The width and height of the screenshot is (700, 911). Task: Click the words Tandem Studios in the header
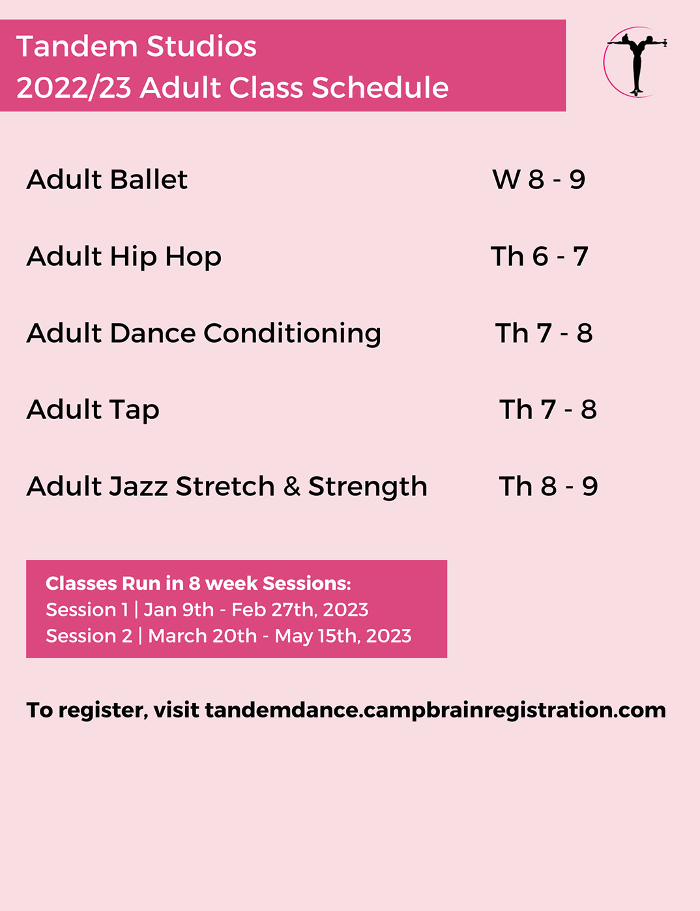click(x=137, y=46)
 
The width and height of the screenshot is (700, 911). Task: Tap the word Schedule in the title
click(x=380, y=87)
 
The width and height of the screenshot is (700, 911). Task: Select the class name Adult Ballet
click(x=107, y=180)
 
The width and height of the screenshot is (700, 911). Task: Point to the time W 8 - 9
click(x=539, y=180)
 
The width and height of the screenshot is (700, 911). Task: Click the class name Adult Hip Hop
click(x=124, y=257)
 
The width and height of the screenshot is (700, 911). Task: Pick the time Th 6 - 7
click(x=540, y=257)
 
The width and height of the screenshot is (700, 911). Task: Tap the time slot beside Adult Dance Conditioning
click(x=544, y=334)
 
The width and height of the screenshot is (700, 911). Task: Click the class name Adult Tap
click(x=93, y=410)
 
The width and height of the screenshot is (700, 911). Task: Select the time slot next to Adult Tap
click(x=548, y=410)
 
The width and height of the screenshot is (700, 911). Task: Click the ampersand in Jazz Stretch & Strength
click(x=292, y=487)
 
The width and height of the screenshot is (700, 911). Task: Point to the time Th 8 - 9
click(x=549, y=487)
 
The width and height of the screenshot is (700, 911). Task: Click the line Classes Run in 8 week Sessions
click(x=198, y=584)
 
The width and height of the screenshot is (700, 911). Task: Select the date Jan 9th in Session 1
click(x=179, y=610)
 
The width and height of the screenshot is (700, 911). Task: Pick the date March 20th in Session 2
click(x=203, y=637)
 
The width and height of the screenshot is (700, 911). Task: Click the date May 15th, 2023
click(x=343, y=637)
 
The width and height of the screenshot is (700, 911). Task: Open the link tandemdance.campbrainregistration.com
click(x=435, y=710)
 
